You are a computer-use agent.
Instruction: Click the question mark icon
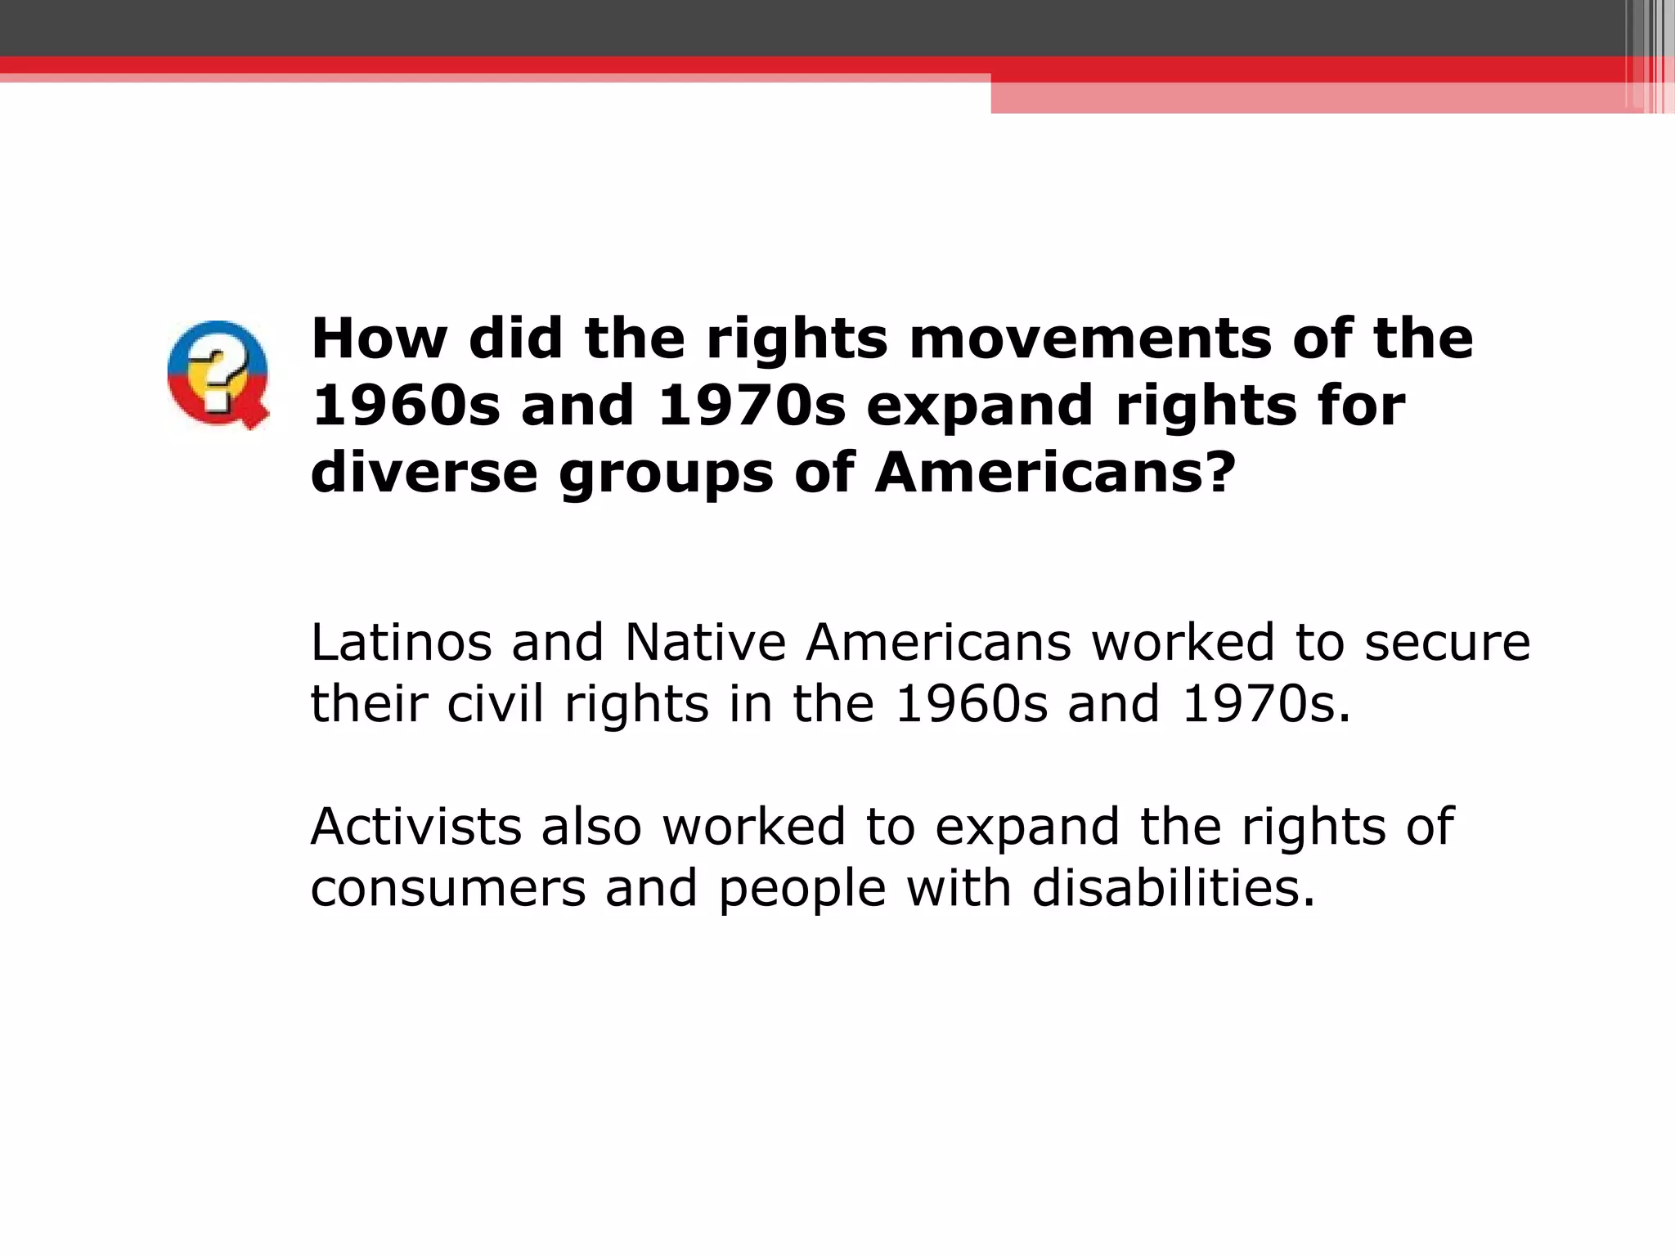[218, 375]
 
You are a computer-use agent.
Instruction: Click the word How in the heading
[379, 339]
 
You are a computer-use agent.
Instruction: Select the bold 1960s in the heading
[406, 406]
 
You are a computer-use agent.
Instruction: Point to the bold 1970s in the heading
[752, 406]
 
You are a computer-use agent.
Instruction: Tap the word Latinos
[401, 643]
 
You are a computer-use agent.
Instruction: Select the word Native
[705, 643]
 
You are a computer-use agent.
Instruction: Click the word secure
[1447, 644]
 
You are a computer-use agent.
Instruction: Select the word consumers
[448, 890]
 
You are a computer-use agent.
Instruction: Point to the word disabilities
[1174, 888]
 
